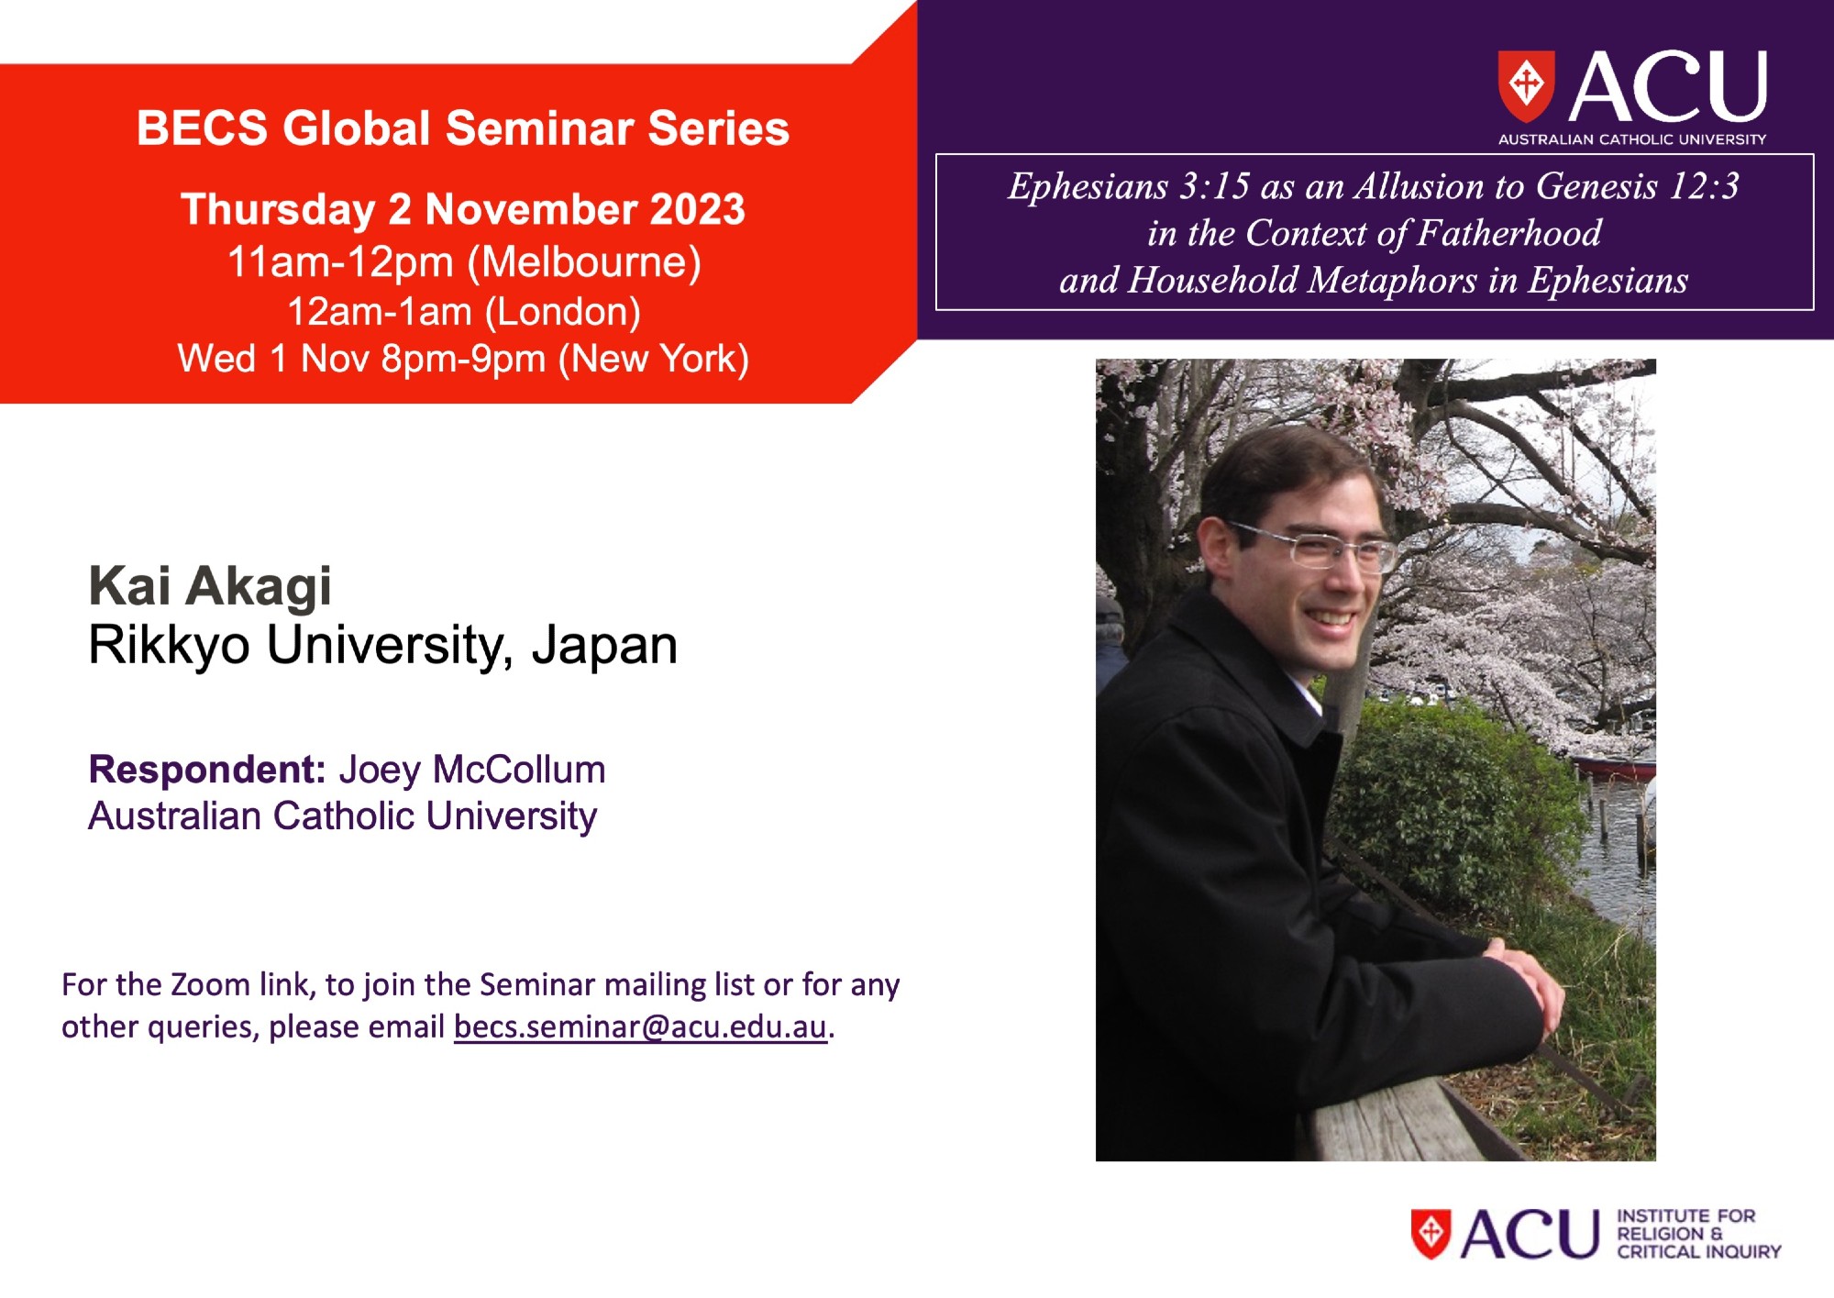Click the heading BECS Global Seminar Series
coord(463,128)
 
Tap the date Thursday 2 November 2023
coord(463,209)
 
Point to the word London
coord(562,312)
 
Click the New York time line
coord(463,359)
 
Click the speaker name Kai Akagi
coord(210,587)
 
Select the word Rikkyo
coord(169,646)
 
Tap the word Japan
coord(605,646)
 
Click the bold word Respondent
coord(207,769)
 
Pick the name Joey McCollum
coord(472,769)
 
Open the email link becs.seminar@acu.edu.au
coord(640,1026)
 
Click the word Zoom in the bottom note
coord(210,984)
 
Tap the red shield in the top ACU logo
coord(1526,86)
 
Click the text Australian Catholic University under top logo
coord(1632,139)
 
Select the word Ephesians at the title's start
coord(1088,186)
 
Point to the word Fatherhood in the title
coord(1509,233)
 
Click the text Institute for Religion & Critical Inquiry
coord(1698,1234)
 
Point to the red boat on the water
coord(1616,768)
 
